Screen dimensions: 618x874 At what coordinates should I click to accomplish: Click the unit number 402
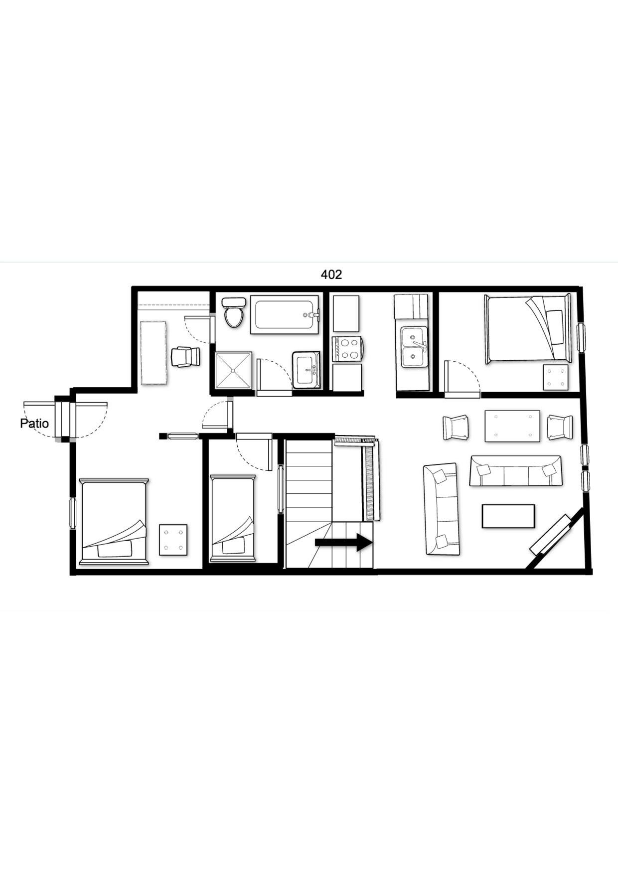coord(331,275)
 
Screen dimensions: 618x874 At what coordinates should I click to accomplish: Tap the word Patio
coord(34,424)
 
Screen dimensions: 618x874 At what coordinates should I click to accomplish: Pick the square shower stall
coord(233,370)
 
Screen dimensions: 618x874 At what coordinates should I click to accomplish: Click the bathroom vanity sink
coord(306,370)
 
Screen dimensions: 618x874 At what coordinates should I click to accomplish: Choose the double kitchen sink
coord(414,347)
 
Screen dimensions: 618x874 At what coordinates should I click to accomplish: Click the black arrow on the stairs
coord(344,542)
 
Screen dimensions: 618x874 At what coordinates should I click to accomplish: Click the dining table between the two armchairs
coord(512,426)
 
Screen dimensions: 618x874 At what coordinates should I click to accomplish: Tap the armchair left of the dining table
coord(456,428)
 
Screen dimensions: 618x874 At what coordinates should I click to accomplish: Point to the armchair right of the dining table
coord(560,428)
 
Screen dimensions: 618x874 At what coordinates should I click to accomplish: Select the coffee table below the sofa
coord(508,516)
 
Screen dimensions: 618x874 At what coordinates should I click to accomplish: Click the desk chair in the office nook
coord(185,357)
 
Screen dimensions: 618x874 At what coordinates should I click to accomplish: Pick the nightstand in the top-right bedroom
coord(556,377)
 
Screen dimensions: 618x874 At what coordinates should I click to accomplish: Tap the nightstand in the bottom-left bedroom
coord(173,540)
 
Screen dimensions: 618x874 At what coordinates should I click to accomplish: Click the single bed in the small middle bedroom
coord(233,518)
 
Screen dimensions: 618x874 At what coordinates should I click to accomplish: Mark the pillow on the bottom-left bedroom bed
coord(115,550)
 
